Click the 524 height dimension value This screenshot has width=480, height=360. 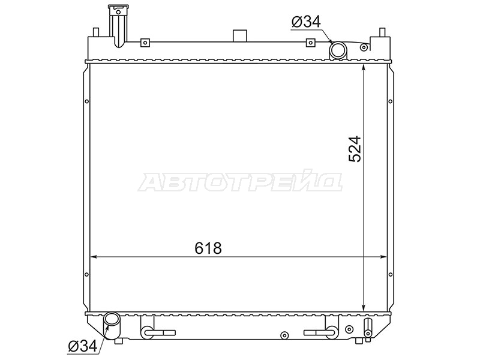tap(355, 149)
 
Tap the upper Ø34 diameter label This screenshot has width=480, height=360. tap(306, 22)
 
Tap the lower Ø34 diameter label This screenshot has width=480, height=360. tap(83, 346)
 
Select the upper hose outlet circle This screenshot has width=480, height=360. tap(338, 50)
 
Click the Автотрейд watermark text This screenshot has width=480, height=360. tap(240, 182)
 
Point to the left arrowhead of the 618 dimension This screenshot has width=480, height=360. tap(94, 257)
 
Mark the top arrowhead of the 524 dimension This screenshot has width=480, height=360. tap(364, 68)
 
